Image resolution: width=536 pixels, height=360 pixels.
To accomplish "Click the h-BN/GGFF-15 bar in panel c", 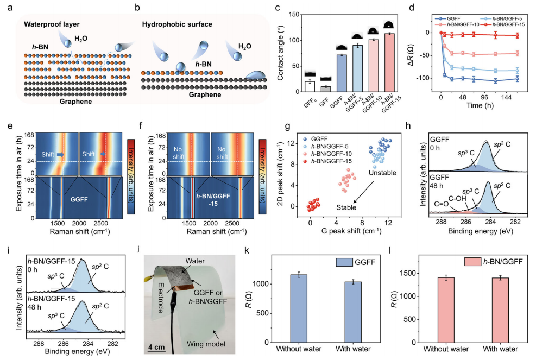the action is tap(389, 62).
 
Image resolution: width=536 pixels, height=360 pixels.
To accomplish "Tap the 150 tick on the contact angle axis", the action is tap(294, 15).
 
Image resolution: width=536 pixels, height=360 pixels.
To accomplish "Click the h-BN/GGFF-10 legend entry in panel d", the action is tap(457, 24).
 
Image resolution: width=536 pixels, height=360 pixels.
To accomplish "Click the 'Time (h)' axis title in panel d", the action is tap(480, 105).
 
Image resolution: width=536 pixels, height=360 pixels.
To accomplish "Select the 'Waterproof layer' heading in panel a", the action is tap(52, 24).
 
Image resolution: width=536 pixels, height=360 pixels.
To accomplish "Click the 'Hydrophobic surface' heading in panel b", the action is tap(177, 24).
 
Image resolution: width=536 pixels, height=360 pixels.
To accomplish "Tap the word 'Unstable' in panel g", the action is tap(382, 173).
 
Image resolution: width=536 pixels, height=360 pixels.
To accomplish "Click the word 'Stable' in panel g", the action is tap(346, 207).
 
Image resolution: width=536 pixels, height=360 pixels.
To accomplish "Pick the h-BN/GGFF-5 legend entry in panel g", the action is tap(326, 146).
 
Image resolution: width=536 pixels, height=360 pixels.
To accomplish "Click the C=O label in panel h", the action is tap(442, 204).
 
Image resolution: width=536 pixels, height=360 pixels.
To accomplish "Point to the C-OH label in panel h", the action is tap(457, 198).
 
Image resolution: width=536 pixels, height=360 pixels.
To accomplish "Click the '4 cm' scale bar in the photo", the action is tap(156, 348).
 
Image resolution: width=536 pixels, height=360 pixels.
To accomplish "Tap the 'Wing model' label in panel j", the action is tap(206, 344).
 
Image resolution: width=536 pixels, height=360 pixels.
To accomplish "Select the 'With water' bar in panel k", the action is tap(353, 312).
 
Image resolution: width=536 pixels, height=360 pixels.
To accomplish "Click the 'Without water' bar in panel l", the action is tap(446, 310).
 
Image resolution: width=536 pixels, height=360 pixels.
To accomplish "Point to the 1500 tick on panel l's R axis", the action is tap(409, 273).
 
